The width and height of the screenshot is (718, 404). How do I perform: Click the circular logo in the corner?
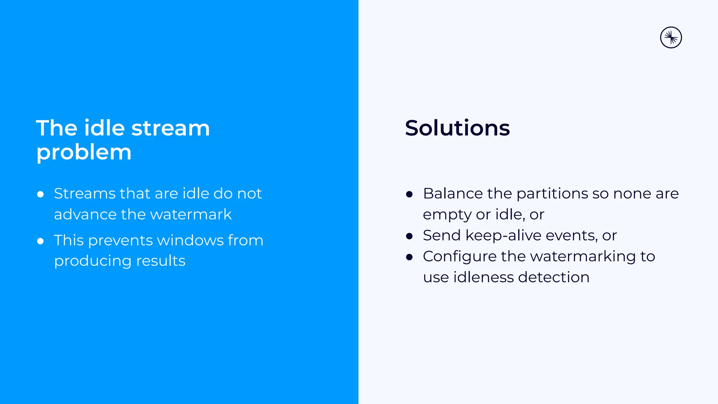(671, 38)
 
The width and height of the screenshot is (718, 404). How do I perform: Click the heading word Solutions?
(457, 128)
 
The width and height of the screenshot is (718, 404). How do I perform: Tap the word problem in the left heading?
(84, 153)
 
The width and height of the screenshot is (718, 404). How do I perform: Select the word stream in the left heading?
(170, 128)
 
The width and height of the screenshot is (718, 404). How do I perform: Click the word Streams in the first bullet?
(84, 194)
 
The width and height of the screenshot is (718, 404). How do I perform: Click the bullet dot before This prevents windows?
(40, 241)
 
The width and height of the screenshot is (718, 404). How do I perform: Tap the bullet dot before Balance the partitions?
(409, 194)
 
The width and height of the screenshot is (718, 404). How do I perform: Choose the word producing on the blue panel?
(93, 261)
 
